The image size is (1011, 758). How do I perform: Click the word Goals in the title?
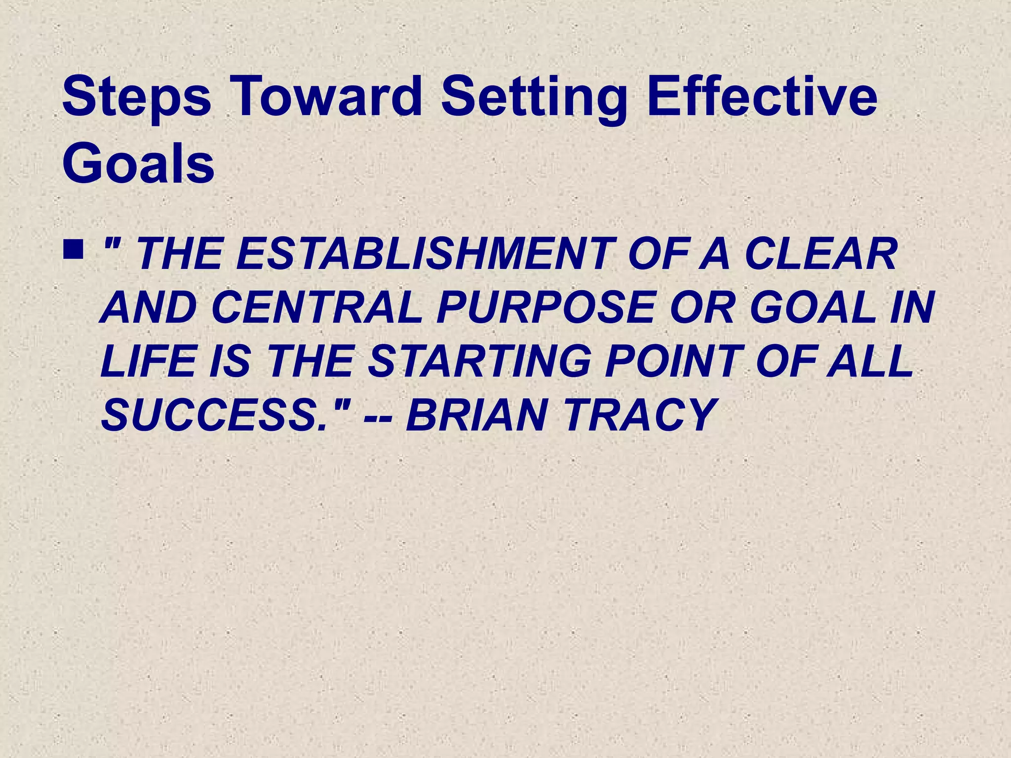(x=138, y=163)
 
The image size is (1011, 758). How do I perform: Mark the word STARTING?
(x=479, y=361)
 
